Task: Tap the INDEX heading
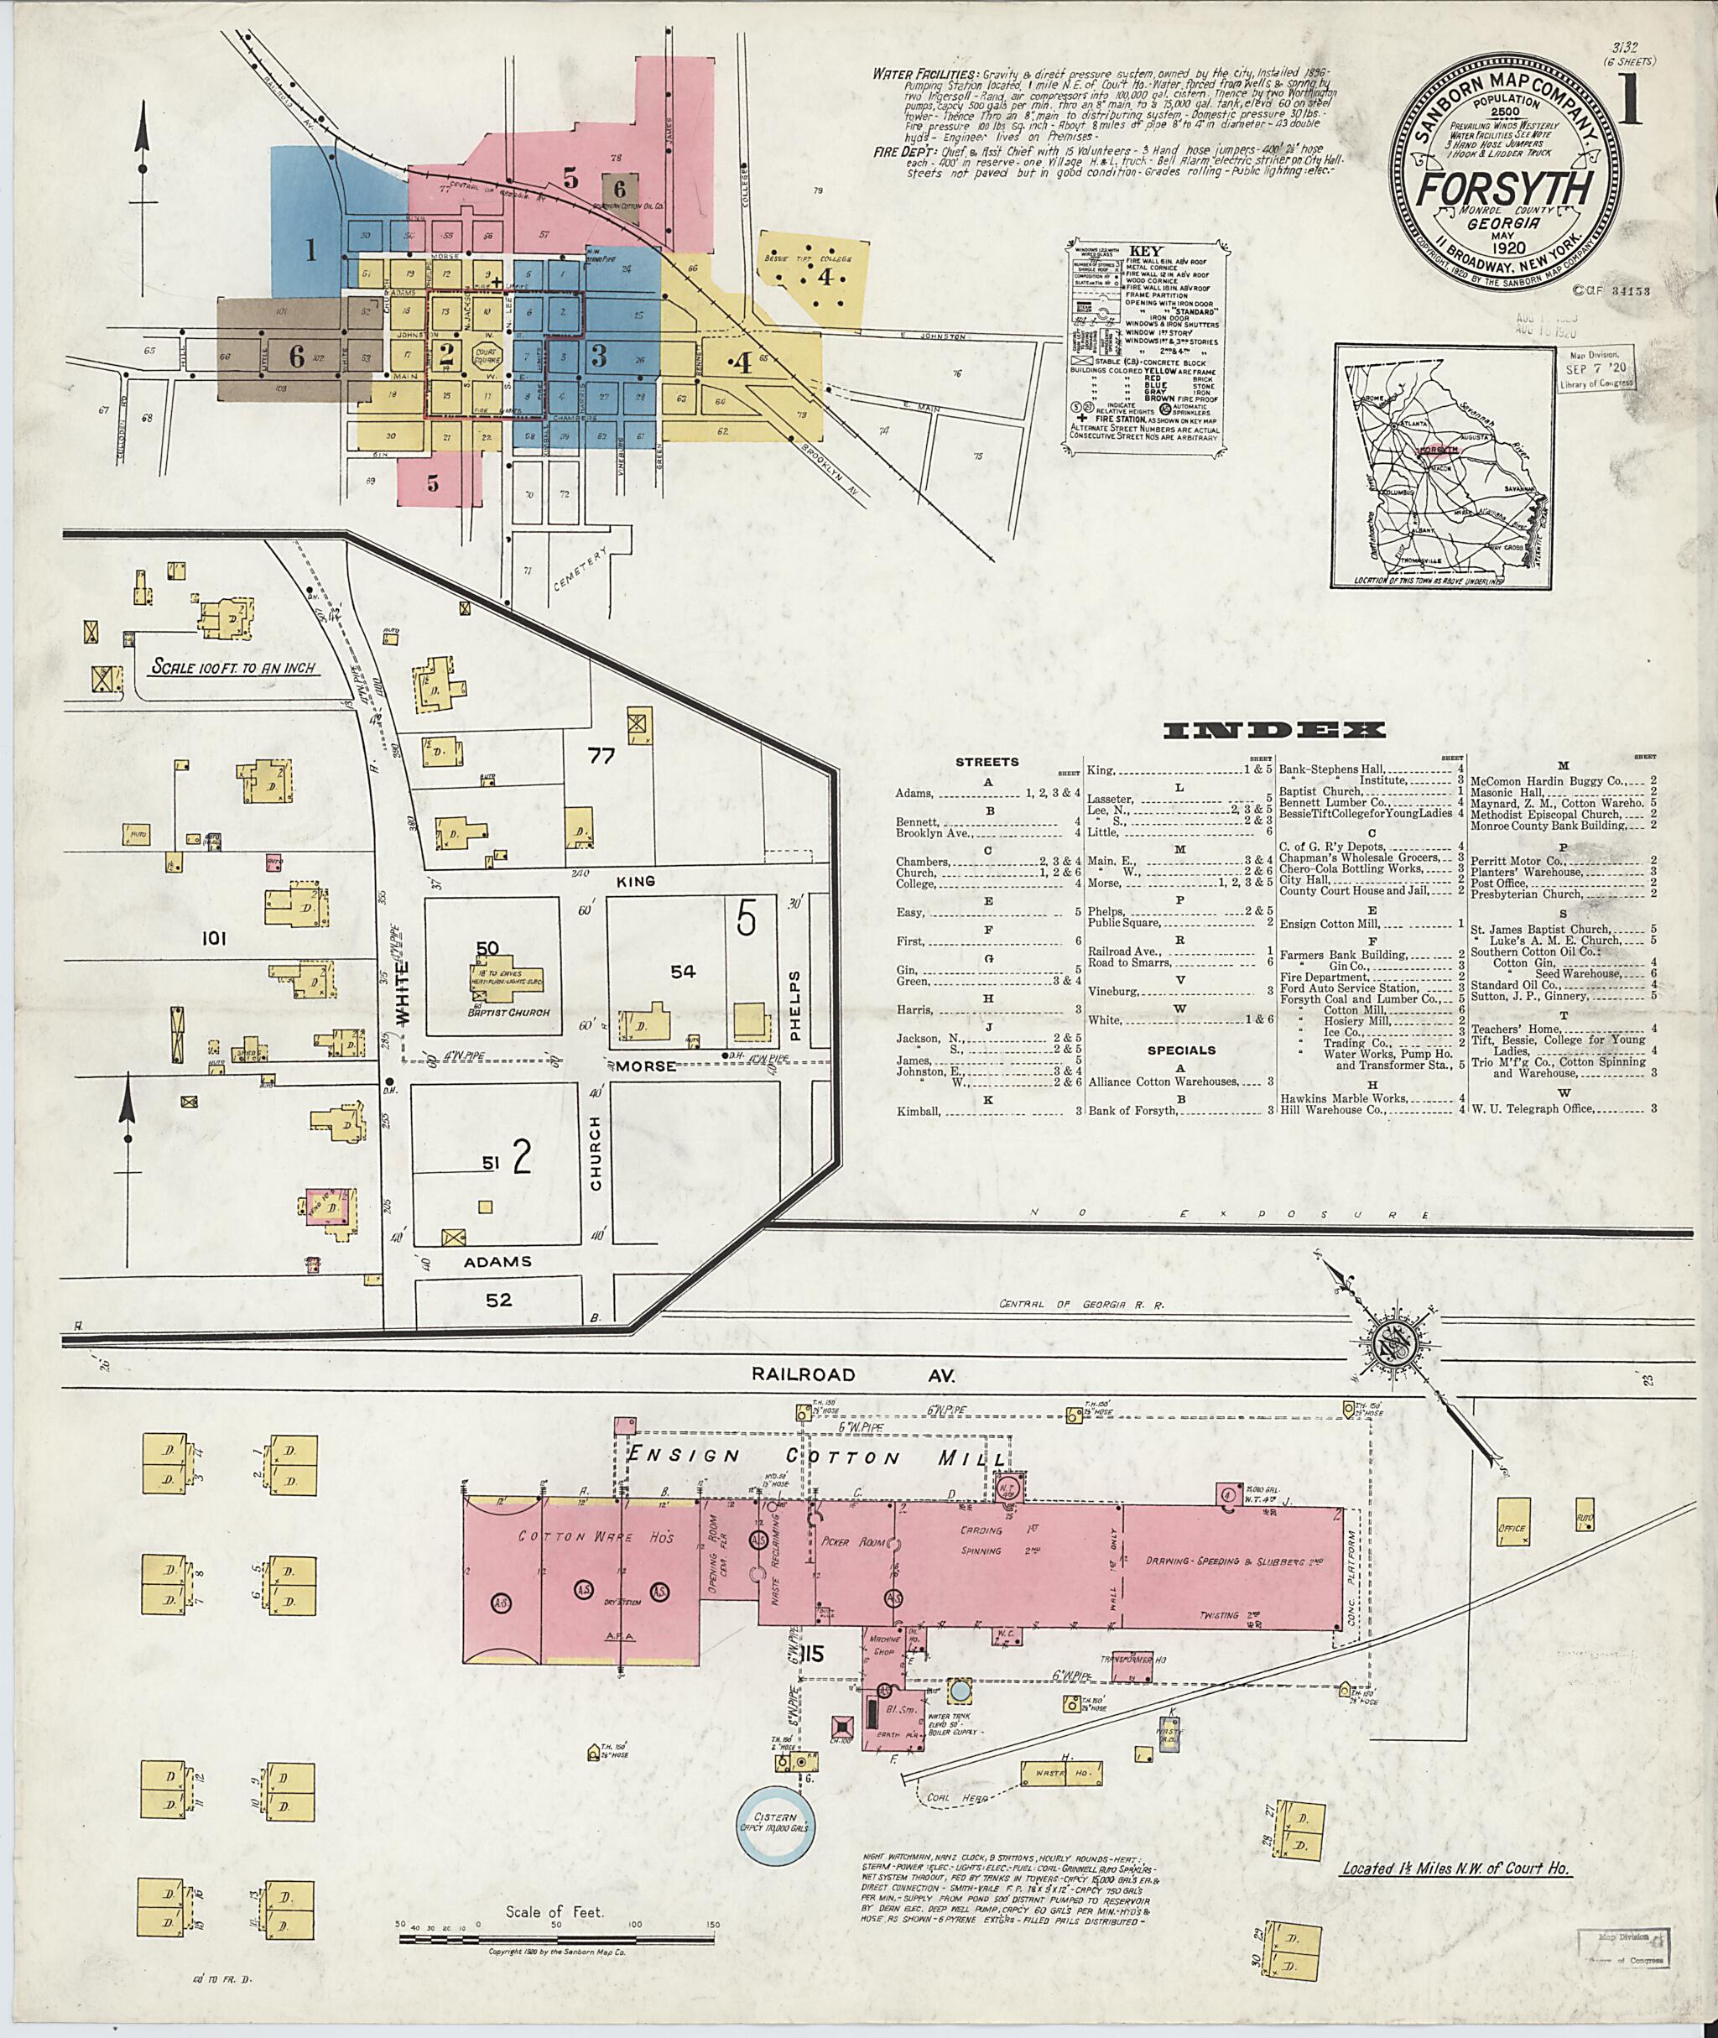coord(1274,731)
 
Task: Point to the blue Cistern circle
coord(776,1821)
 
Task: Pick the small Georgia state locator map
coord(1441,466)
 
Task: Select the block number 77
coord(601,755)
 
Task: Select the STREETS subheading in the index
coord(987,762)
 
